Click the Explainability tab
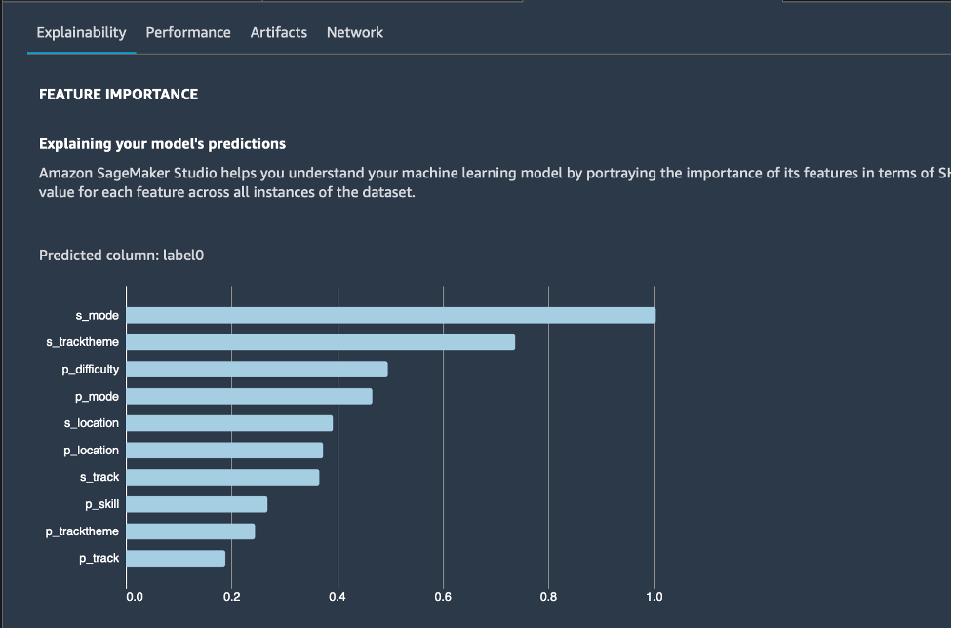pos(81,32)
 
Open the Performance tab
pos(188,32)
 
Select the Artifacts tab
pos(278,32)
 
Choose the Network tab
pos(355,32)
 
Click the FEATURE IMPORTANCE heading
pos(118,95)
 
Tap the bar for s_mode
pos(390,315)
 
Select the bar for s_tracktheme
pos(320,342)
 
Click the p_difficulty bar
pos(257,370)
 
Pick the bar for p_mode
pos(249,396)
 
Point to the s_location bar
pos(229,423)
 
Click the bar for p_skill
pos(196,504)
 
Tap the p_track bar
pos(176,559)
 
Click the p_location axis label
pos(91,451)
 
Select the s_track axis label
pos(99,477)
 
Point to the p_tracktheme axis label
pos(82,531)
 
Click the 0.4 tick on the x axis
pos(338,597)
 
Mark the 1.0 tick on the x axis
pos(654,597)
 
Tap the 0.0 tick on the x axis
pos(135,597)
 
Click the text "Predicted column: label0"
pos(121,256)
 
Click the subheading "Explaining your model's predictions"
pos(162,144)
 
